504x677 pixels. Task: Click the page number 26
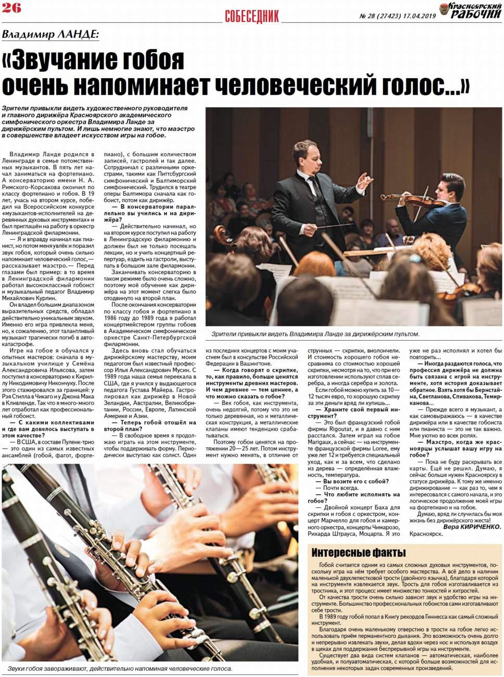[11, 8]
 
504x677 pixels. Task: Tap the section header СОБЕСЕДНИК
[252, 16]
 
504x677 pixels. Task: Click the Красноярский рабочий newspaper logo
[470, 10]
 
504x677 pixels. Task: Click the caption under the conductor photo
[315, 334]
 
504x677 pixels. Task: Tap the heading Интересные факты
[359, 553]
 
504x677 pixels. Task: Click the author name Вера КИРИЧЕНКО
[472, 526]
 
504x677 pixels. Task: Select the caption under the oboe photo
[120, 669]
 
